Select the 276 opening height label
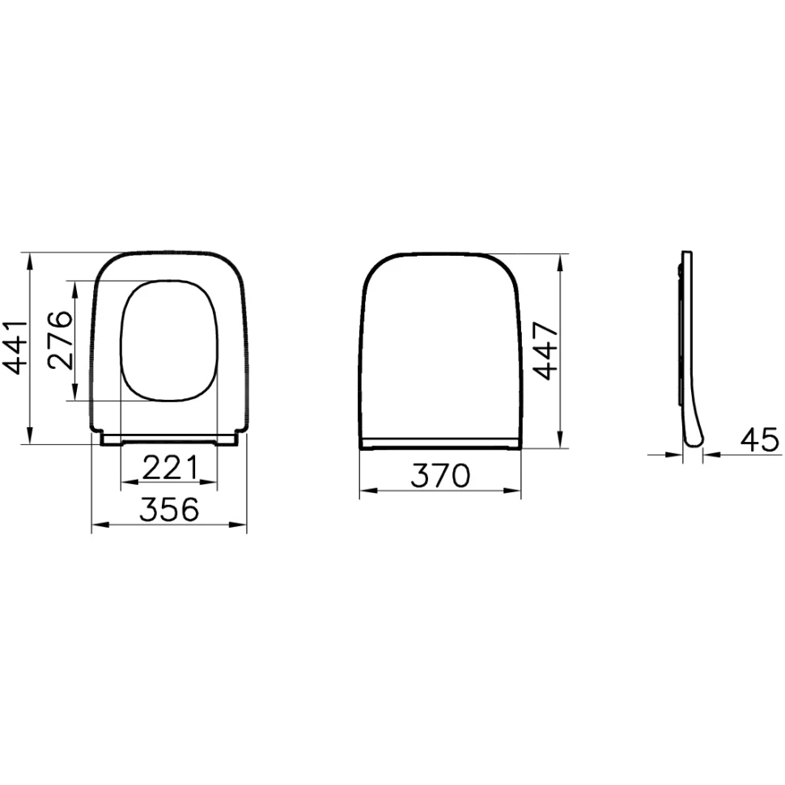[x=60, y=339]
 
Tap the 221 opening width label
[x=171, y=468]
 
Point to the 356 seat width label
[x=169, y=509]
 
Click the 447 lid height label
[x=544, y=351]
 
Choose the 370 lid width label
[x=440, y=475]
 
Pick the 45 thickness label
[x=760, y=440]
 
